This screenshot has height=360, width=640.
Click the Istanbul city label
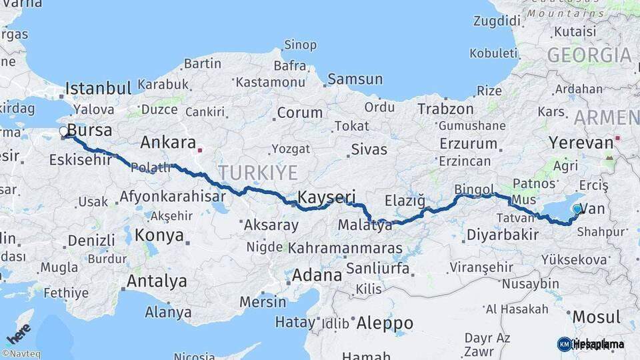click(x=98, y=88)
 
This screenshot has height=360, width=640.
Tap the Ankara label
click(x=167, y=143)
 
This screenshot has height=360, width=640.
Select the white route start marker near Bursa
click(x=64, y=132)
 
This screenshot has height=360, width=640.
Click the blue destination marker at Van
click(x=577, y=209)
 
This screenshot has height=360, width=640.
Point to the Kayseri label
click(x=327, y=198)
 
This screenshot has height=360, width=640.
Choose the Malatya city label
click(x=365, y=225)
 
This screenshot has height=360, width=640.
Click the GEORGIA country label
click(x=589, y=55)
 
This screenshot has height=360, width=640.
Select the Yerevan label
click(x=581, y=143)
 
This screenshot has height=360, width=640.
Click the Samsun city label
click(x=355, y=79)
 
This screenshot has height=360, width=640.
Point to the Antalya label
click(x=157, y=281)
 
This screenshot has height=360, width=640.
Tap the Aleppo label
click(x=385, y=323)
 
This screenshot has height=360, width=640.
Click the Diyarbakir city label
click(x=502, y=235)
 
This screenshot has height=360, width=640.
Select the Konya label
click(x=159, y=235)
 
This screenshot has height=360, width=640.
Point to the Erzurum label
click(x=469, y=143)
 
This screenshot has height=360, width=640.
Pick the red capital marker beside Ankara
click(x=199, y=150)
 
